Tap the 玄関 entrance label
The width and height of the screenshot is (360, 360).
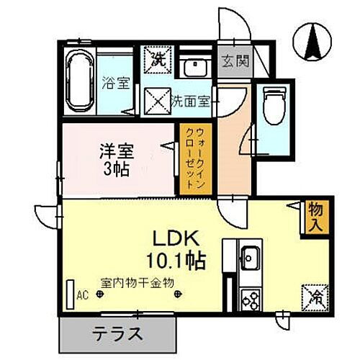[235, 61]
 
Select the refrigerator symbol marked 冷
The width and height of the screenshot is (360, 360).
[315, 295]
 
